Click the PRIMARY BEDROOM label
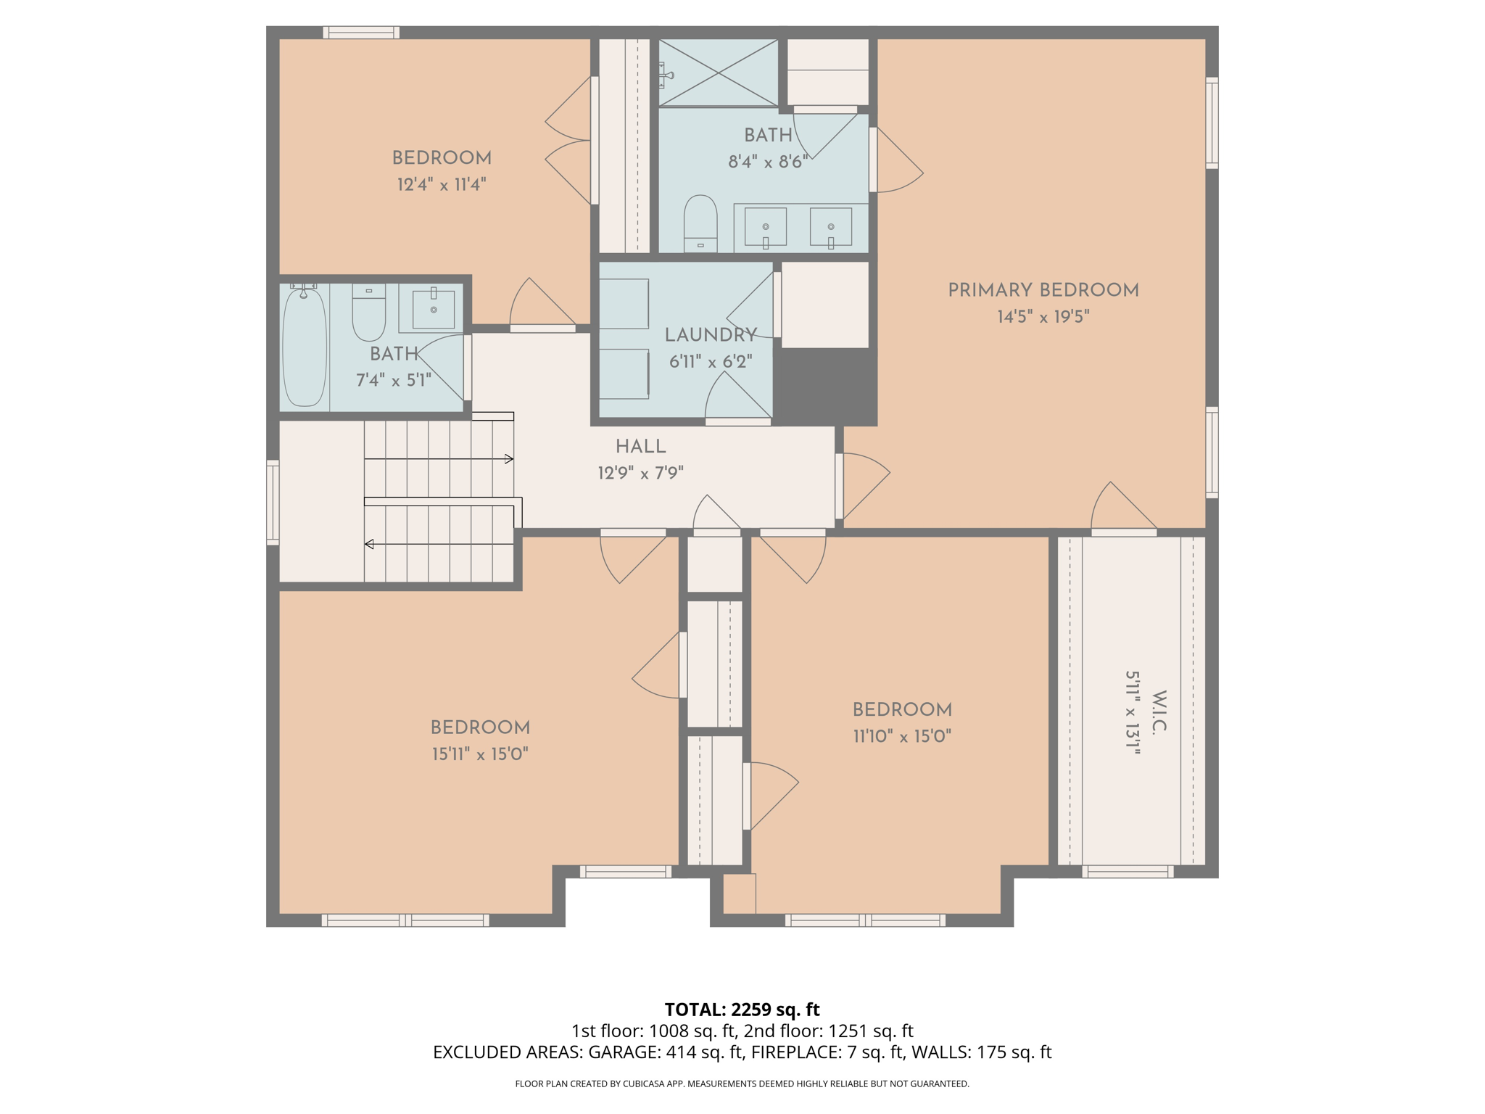tap(1043, 290)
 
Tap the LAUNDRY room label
tap(711, 335)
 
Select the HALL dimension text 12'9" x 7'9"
tap(640, 474)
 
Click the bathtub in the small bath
tap(304, 347)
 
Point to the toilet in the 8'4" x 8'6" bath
tap(700, 221)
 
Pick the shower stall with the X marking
tap(718, 73)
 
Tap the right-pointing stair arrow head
tap(509, 459)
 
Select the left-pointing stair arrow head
tap(369, 544)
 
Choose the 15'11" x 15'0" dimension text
tap(480, 754)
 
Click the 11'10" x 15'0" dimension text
tap(901, 736)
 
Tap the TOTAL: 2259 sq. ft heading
tap(742, 1010)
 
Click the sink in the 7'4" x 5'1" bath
tap(433, 309)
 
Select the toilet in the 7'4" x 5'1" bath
tap(368, 313)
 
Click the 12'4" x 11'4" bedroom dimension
tap(441, 185)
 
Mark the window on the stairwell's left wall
tap(273, 502)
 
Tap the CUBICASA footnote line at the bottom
tap(742, 1084)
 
